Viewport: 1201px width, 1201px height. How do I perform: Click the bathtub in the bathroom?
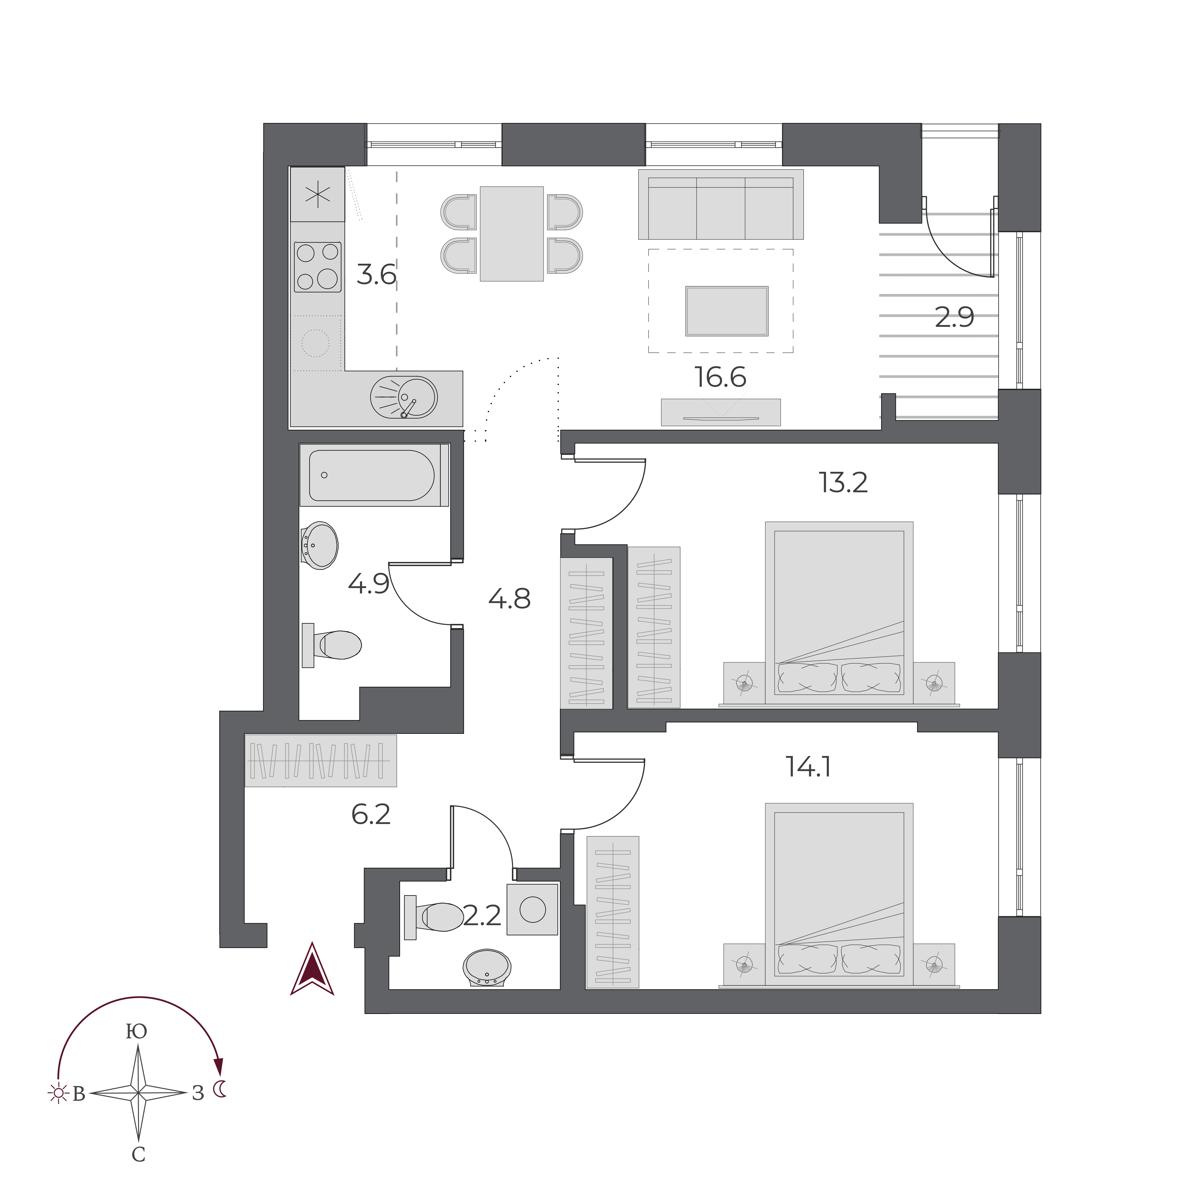click(374, 475)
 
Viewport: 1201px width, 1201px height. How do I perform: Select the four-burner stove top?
click(318, 267)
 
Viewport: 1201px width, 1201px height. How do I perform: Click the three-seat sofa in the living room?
click(721, 205)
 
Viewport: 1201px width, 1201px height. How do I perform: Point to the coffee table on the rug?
click(727, 311)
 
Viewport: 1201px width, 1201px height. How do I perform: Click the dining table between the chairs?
click(512, 234)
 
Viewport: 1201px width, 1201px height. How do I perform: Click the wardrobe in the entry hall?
click(321, 761)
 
